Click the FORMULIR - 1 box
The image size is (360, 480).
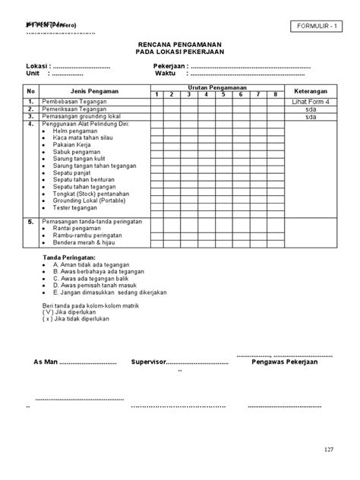click(314, 28)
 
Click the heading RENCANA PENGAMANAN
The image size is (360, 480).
click(179, 46)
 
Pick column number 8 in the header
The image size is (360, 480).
click(275, 94)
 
